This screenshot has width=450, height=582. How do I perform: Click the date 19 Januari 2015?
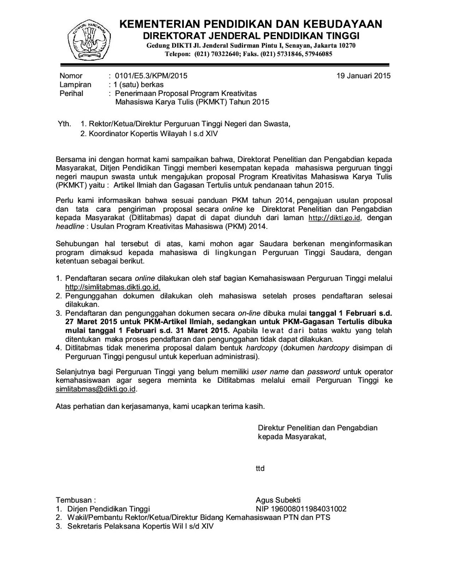coord(363,76)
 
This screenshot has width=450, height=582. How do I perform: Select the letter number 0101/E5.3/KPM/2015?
coord(151,76)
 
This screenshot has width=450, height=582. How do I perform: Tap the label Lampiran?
coord(75,85)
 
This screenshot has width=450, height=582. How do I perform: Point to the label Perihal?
coord(71,93)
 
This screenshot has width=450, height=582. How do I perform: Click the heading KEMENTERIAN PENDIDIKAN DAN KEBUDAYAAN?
coord(251,24)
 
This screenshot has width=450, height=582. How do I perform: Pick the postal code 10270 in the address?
coord(347,46)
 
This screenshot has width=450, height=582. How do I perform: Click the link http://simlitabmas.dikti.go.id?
coord(112,287)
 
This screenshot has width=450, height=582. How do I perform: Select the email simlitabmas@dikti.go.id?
coord(96,389)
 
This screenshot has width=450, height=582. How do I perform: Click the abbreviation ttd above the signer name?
coord(260,469)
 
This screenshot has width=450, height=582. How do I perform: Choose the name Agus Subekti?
coord(278,500)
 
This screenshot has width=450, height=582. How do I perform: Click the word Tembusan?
coord(74,500)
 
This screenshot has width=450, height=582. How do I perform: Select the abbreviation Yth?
coord(64,124)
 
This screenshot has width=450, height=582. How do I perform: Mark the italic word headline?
coord(70,226)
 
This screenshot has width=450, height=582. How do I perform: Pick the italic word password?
coord(324,372)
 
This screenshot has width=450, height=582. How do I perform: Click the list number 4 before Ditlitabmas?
coord(58,348)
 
